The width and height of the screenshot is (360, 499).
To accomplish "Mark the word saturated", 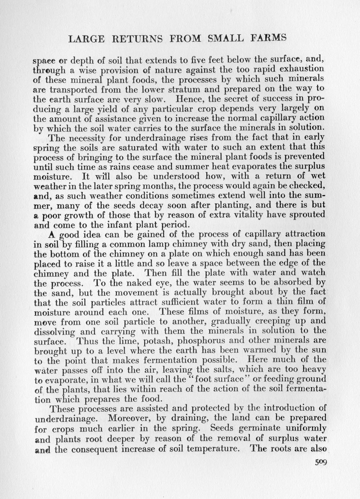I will click(x=125, y=148).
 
